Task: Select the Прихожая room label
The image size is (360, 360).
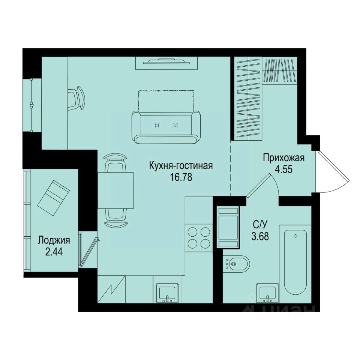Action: pyautogui.click(x=283, y=157)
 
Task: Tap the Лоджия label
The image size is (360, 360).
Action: pyautogui.click(x=54, y=240)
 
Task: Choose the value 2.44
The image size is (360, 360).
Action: pyautogui.click(x=54, y=251)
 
